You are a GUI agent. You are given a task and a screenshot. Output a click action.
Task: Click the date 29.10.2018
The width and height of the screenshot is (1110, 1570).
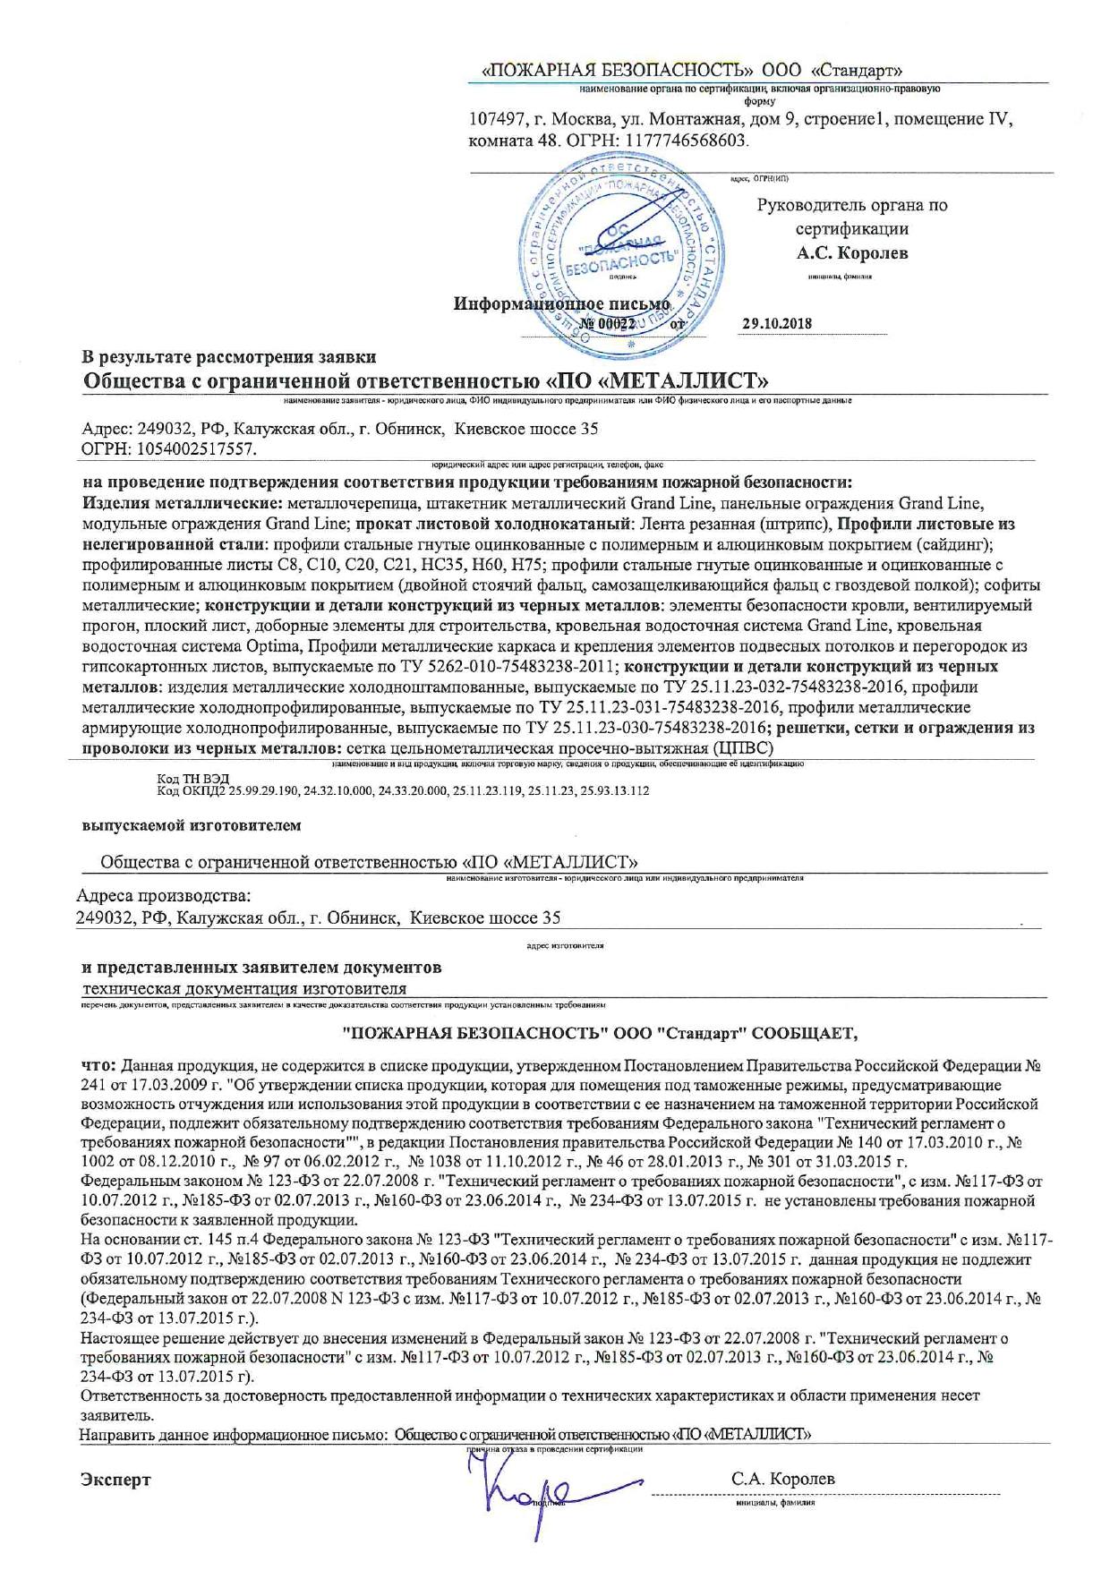(777, 323)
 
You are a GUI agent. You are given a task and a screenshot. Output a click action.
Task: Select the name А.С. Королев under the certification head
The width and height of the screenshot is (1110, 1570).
(852, 253)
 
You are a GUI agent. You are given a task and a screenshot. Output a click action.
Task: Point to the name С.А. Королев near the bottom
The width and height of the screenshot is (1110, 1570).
(783, 1480)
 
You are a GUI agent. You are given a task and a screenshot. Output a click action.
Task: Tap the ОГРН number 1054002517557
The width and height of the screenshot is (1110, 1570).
(194, 448)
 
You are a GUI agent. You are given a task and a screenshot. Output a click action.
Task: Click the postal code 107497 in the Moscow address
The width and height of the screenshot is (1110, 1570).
(497, 120)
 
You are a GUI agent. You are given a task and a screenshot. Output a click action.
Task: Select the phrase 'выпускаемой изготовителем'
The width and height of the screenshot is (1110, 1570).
(192, 825)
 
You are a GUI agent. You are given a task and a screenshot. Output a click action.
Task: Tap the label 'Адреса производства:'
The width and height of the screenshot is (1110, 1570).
(164, 895)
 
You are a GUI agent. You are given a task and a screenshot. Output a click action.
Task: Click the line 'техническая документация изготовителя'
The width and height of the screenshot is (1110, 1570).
(244, 989)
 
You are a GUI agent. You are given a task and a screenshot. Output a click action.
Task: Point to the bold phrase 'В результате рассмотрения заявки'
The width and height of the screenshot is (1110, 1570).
(229, 358)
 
